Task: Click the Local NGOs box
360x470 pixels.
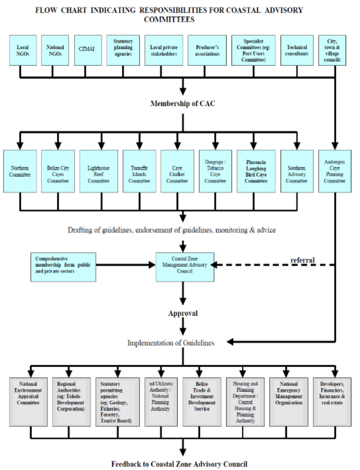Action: click(x=22, y=50)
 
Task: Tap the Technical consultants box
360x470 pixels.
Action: click(x=297, y=50)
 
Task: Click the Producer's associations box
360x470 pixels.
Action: click(x=207, y=50)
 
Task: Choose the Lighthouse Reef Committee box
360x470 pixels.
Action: click(x=98, y=171)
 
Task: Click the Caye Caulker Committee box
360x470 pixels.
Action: click(x=177, y=171)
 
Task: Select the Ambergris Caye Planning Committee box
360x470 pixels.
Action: click(x=335, y=171)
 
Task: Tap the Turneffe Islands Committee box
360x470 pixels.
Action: click(x=139, y=171)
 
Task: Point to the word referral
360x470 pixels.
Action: click(x=303, y=260)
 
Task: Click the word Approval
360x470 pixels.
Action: click(x=183, y=313)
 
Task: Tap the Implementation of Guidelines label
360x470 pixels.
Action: click(x=171, y=343)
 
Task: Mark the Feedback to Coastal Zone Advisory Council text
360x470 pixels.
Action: click(x=179, y=463)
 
